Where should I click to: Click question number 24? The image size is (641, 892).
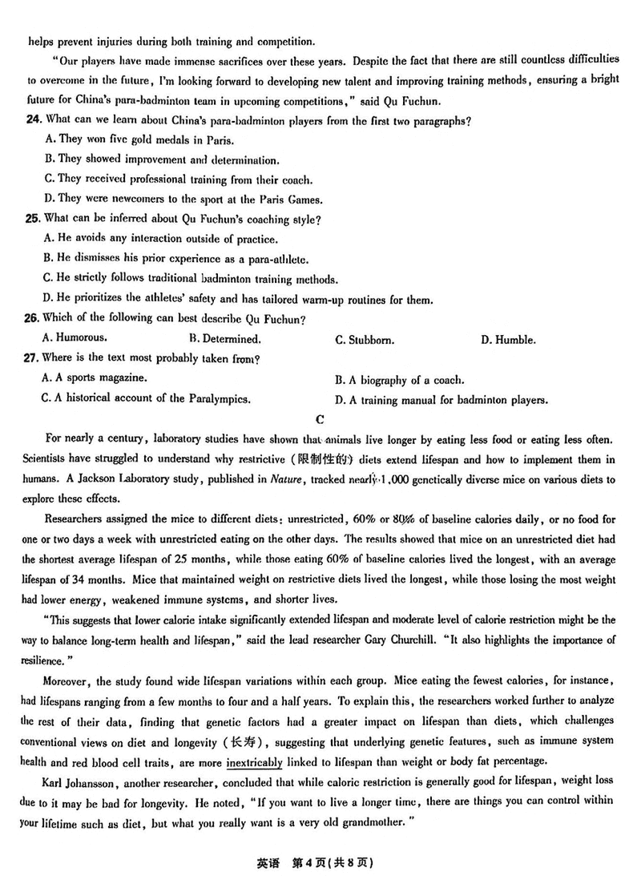pos(33,120)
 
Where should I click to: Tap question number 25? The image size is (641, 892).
pos(33,219)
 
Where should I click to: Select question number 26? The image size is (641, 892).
pos(33,319)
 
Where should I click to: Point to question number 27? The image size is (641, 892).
pos(33,358)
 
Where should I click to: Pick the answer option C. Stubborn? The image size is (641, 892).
pos(364,340)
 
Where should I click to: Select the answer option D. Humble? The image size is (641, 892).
pos(508,340)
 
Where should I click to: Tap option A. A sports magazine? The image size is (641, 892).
pos(94,377)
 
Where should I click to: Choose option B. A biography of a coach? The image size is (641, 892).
pos(399,380)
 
